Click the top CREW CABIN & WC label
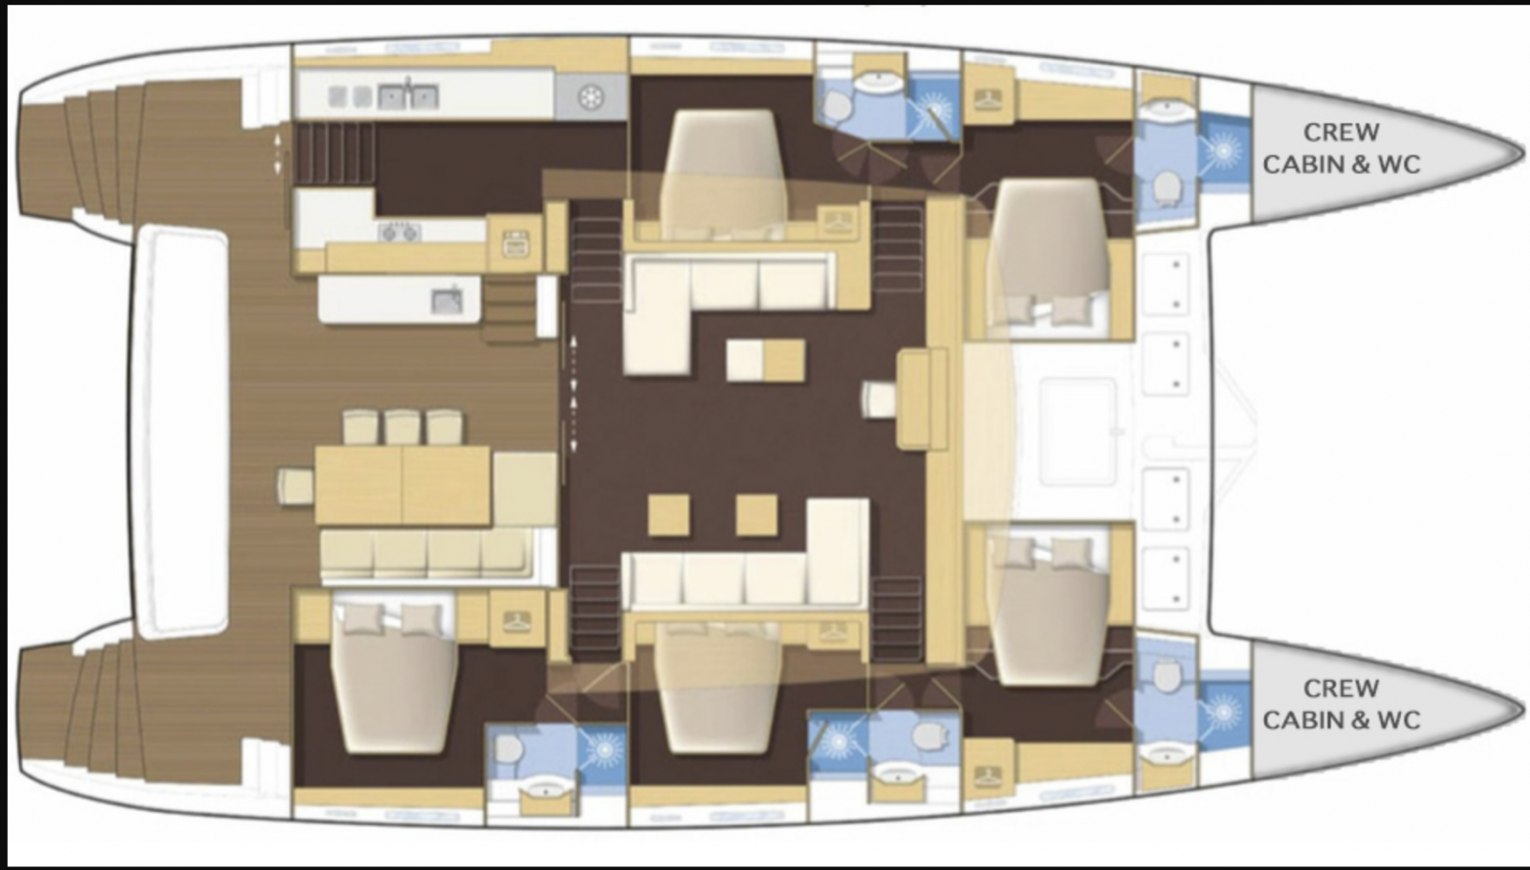pos(1342,148)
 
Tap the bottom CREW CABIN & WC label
pos(1342,704)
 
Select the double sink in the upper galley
pos(407,97)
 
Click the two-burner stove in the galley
pos(400,233)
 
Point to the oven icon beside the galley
pos(515,244)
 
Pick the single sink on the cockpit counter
pos(447,301)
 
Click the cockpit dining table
pos(403,486)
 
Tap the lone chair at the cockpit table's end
pos(295,487)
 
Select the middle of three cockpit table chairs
pos(402,428)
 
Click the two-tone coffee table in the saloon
pos(765,359)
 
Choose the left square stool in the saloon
pos(668,515)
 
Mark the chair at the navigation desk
pos(879,400)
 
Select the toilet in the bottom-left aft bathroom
pos(508,750)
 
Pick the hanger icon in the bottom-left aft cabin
pos(517,620)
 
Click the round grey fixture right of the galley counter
pos(591,97)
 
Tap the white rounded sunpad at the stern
pos(180,432)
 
